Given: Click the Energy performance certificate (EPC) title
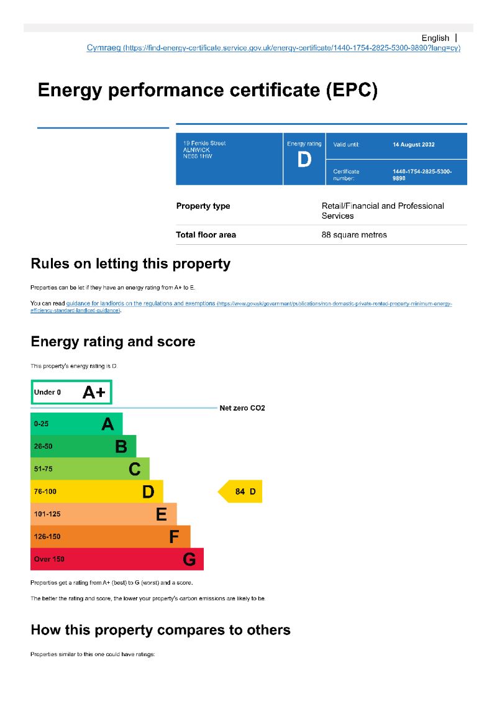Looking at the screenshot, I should coord(207,90).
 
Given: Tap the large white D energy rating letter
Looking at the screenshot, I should coord(304,160).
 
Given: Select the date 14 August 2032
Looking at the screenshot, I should coord(414,145).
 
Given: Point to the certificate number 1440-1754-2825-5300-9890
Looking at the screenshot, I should coord(422,175).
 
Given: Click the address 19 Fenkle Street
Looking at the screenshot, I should coord(201,144).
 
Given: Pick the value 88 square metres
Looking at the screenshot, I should coord(354,235).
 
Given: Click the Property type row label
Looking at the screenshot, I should coord(203,206).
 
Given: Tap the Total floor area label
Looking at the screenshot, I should coord(206,235).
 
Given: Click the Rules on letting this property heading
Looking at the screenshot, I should coord(130,263).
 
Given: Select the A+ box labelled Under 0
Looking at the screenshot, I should coord(71,392).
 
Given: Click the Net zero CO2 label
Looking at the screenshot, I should coord(242,408).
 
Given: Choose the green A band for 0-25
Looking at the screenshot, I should coord(76,424).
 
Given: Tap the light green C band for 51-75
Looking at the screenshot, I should coord(90,469).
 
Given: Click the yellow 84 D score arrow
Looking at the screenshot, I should coord(240,491).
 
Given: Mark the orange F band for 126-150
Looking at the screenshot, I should coord(110,536).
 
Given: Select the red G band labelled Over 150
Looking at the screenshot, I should coord(117,559).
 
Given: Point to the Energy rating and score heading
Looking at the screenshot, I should coord(112,342).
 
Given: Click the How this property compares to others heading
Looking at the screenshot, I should coord(160,630).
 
